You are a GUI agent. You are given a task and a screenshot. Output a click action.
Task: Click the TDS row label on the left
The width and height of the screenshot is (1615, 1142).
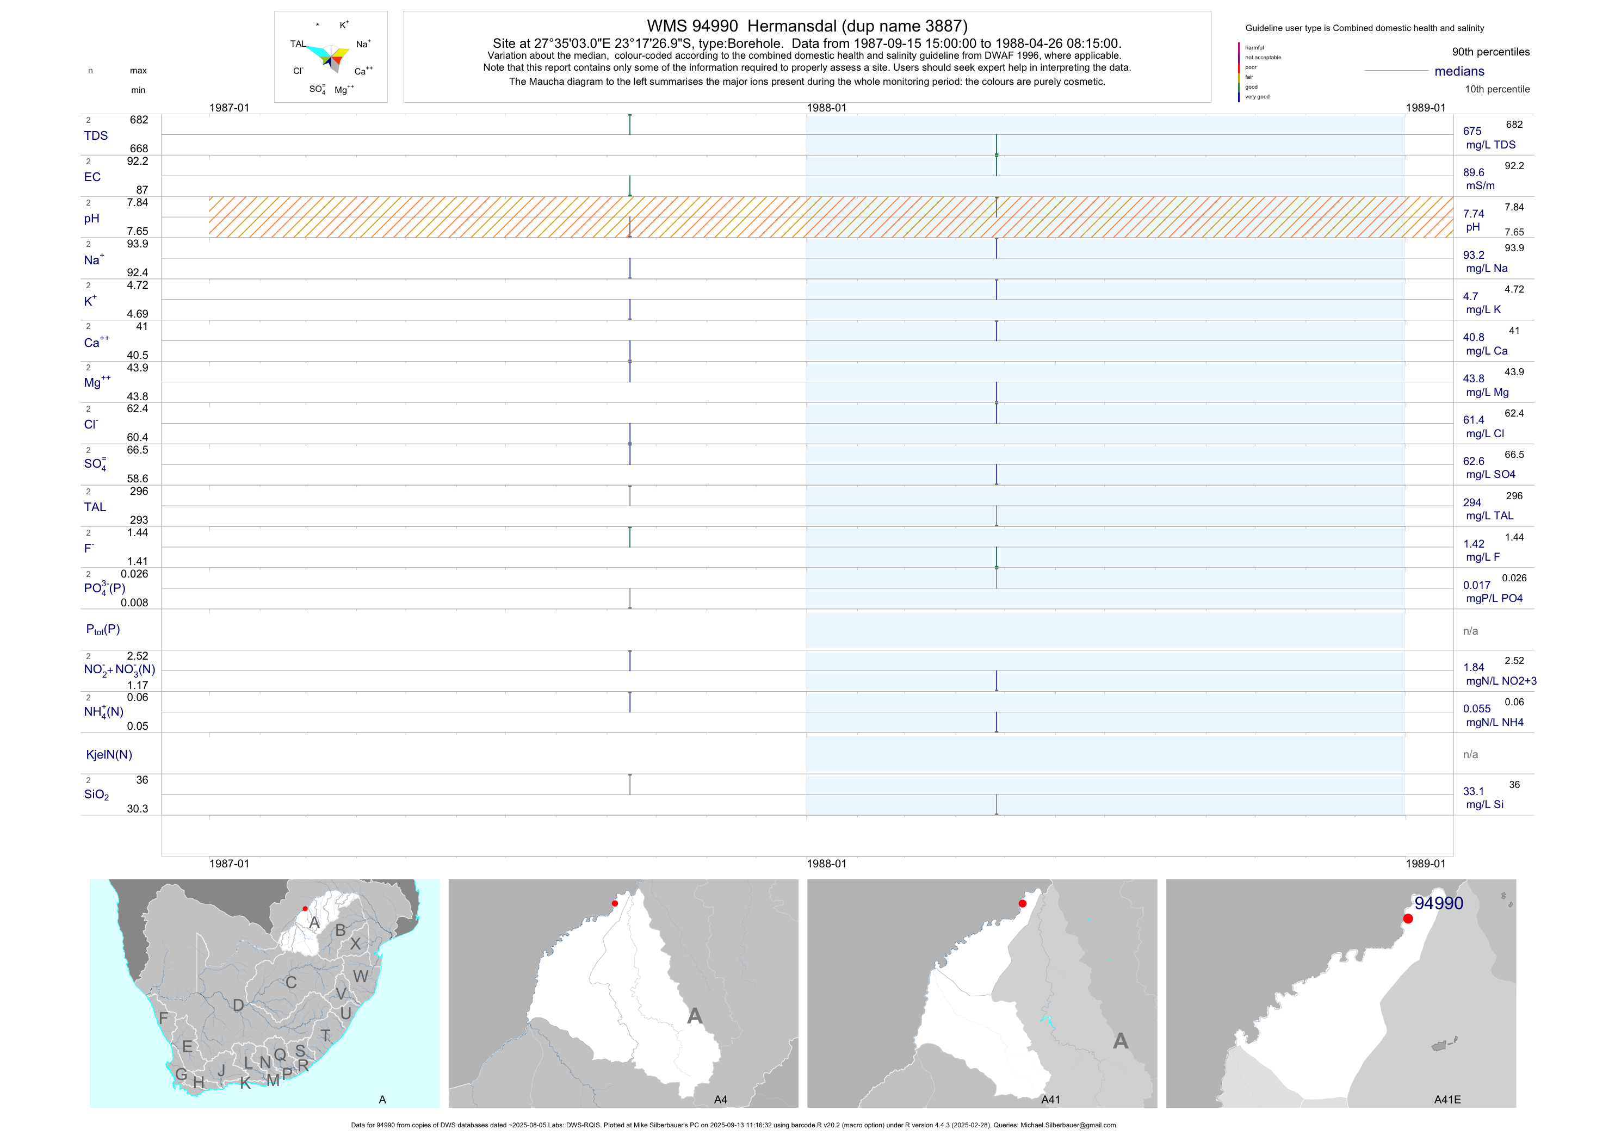click(96, 136)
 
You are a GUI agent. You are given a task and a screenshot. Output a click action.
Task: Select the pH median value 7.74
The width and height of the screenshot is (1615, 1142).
click(1473, 214)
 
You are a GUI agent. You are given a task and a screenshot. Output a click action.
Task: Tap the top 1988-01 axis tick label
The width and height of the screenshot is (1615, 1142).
click(826, 108)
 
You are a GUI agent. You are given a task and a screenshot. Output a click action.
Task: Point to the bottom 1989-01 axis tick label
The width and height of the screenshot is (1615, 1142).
click(1425, 864)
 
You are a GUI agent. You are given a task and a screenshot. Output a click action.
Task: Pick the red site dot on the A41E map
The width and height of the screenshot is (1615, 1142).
click(1408, 918)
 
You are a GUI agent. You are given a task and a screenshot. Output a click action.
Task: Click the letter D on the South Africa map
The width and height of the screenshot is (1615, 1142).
click(238, 1006)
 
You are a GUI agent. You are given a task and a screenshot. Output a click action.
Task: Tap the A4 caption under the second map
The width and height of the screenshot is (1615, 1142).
click(720, 1100)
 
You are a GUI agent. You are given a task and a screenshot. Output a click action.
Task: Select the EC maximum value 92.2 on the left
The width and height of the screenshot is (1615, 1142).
click(137, 161)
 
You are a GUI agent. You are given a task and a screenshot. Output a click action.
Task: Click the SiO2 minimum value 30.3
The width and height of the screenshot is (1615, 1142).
click(137, 809)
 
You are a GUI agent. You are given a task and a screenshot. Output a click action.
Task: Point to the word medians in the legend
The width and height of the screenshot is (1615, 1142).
click(1459, 71)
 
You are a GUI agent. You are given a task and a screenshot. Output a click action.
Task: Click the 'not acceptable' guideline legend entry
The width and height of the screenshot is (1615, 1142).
click(1263, 58)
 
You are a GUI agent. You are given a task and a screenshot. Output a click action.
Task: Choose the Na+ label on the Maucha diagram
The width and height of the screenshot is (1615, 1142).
click(363, 44)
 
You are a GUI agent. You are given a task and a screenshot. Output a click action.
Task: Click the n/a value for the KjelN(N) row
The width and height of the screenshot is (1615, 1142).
click(1470, 755)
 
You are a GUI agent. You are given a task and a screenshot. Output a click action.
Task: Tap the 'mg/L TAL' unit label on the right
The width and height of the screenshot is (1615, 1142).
click(1489, 516)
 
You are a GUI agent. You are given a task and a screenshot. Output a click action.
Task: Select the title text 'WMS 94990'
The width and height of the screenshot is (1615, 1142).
click(692, 26)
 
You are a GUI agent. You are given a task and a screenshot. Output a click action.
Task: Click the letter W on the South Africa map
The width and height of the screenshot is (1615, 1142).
click(360, 977)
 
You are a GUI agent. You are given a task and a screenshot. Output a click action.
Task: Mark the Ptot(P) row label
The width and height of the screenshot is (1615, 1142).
click(103, 629)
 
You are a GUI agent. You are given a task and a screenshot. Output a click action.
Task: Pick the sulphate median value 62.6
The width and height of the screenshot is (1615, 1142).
click(1473, 461)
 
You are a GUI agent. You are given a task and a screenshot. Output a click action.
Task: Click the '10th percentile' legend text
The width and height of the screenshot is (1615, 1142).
click(1497, 89)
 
